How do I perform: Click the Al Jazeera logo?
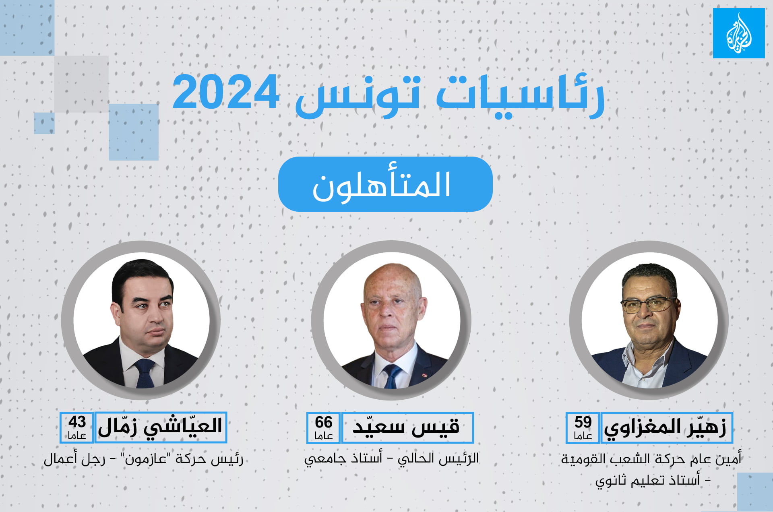tap(739, 33)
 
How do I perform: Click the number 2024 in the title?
tap(225, 93)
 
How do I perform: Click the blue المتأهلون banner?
tap(385, 184)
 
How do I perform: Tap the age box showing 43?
tap(77, 427)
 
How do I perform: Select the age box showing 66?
tap(323, 427)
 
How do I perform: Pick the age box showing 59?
tap(583, 427)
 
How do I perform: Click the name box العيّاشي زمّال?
tap(161, 427)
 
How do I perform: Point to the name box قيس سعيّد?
tap(407, 427)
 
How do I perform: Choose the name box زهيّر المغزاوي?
tap(666, 427)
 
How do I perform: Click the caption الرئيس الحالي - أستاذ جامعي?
tap(391, 458)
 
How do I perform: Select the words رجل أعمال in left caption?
tap(74, 459)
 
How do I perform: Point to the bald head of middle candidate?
tap(393, 278)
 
